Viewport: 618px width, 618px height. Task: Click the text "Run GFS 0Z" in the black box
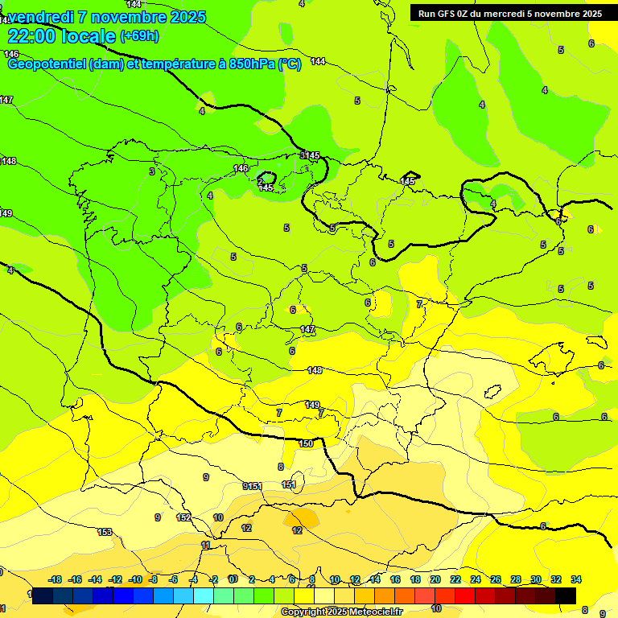444,13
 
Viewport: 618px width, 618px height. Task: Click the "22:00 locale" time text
61,36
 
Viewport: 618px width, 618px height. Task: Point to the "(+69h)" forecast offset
139,36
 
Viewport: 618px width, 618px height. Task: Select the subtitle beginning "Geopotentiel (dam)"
153,64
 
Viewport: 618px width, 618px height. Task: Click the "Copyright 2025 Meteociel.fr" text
341,612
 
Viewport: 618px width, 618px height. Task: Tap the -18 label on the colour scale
56,579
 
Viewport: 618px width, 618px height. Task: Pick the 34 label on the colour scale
576,579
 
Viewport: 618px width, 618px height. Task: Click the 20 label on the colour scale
435,579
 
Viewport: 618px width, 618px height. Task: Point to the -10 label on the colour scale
135,579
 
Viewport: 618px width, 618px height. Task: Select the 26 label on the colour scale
496,579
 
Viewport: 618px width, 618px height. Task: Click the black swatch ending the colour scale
566,595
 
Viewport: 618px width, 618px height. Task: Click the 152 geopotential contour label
183,517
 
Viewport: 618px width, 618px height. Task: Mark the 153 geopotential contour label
105,532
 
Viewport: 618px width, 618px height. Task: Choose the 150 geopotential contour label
306,443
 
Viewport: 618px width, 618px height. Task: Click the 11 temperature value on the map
206,546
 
